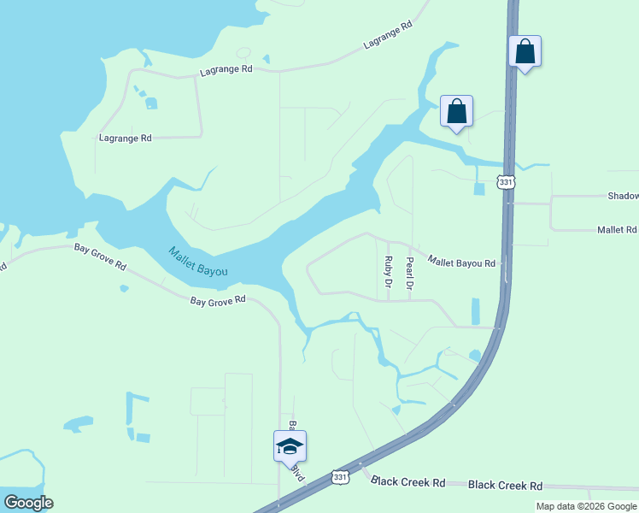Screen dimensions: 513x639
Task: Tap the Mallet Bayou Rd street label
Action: coord(461,262)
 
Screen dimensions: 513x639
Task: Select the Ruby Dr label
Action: coord(388,271)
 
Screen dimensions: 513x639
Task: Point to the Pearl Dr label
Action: coord(409,272)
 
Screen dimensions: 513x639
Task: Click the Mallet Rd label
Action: coord(617,230)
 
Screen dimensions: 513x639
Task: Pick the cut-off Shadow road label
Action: coord(623,196)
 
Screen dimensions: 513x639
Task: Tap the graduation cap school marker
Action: coord(290,446)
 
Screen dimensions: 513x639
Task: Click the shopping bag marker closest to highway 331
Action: coord(525,51)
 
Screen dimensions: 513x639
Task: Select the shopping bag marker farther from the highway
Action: coord(457,111)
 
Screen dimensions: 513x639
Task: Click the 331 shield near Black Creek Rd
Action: coord(340,477)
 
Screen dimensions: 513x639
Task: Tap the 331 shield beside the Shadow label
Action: coord(507,182)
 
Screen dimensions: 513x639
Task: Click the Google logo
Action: coord(28,503)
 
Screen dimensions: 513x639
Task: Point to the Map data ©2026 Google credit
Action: coord(587,506)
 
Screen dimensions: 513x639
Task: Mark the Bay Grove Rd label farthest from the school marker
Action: coord(100,257)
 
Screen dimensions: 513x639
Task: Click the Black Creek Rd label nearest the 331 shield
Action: coord(408,482)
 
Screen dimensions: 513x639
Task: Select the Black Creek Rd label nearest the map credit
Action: coord(506,485)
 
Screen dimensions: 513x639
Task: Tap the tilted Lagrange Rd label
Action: coord(387,35)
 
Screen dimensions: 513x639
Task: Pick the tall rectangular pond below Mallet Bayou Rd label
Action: coord(475,311)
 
